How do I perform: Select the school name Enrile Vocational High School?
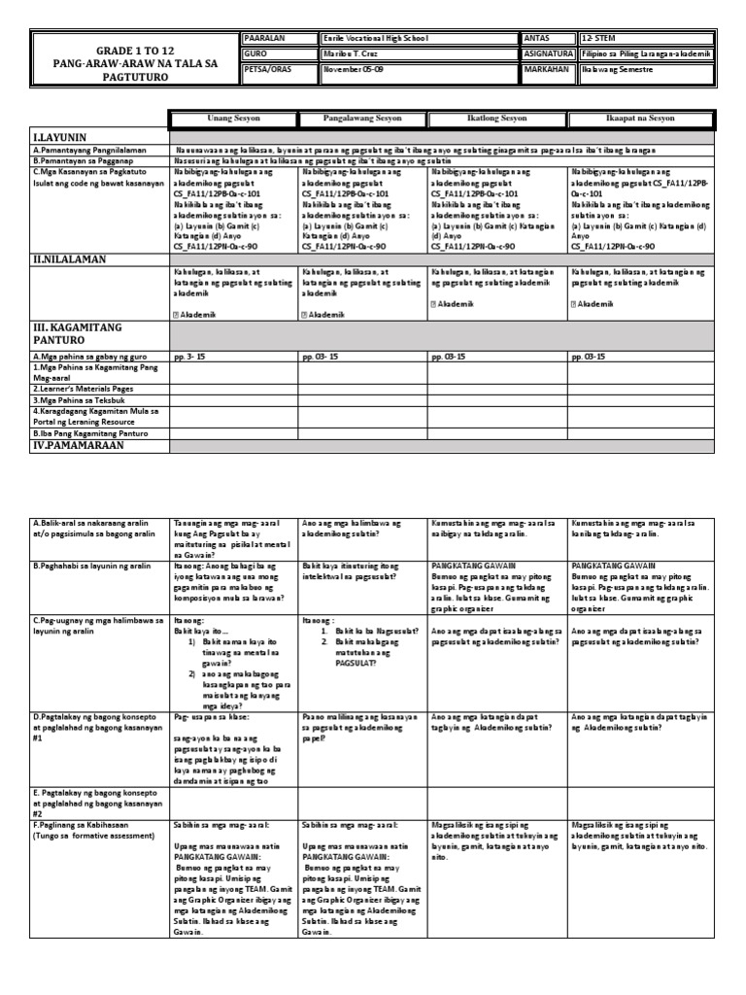coord(375,38)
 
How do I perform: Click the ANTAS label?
coord(537,38)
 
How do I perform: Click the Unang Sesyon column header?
coord(233,118)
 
